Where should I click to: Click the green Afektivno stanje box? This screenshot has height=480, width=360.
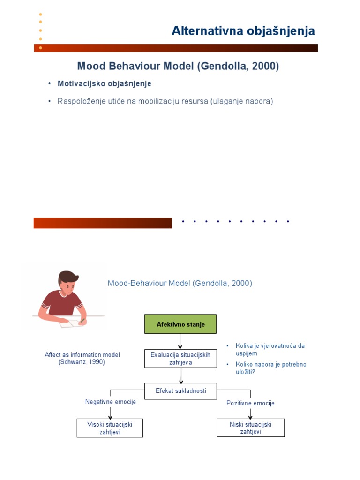tap(180, 324)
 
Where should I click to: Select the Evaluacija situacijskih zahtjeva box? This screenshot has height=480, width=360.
tap(180, 359)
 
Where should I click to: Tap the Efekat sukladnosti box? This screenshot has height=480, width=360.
tap(180, 390)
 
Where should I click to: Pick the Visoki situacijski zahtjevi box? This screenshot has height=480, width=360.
tap(110, 428)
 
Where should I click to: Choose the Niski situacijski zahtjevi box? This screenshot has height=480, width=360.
tap(250, 428)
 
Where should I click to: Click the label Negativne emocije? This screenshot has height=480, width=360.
tap(111, 402)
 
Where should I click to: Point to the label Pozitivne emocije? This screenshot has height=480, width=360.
tap(250, 403)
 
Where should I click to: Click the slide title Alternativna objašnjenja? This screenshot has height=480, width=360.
tap(243, 31)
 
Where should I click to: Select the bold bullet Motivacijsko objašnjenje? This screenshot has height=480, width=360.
tap(105, 83)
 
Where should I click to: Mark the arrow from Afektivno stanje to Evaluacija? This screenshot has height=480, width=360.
tap(180, 342)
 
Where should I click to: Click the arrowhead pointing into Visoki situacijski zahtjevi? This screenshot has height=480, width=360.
tap(111, 416)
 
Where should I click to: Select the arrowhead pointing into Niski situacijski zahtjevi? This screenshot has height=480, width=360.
tap(250, 416)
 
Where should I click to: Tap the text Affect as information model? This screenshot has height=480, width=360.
tap(82, 355)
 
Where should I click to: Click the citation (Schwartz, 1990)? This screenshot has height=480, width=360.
tap(82, 362)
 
